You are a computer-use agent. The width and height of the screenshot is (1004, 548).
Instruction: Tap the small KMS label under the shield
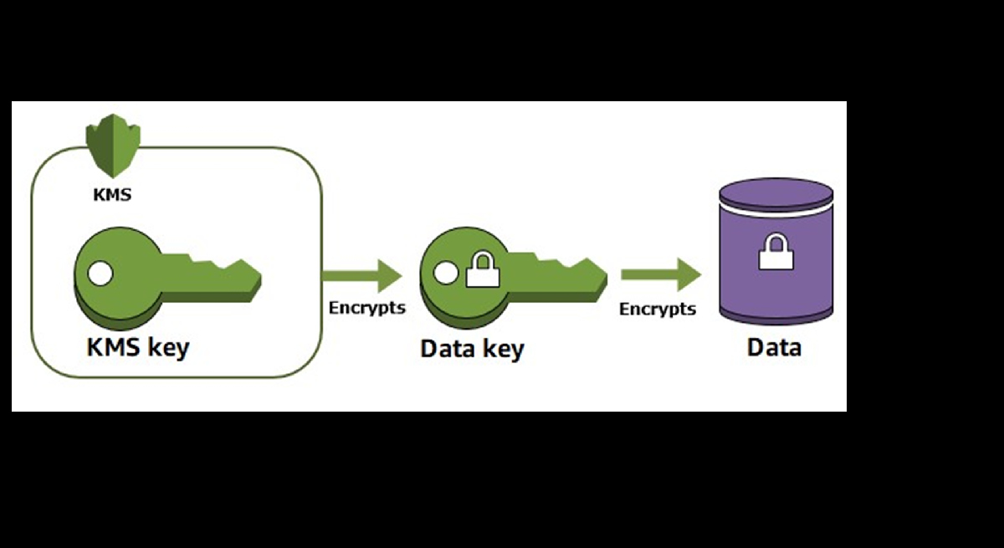click(x=111, y=196)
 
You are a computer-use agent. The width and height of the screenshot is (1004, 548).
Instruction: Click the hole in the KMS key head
click(x=100, y=272)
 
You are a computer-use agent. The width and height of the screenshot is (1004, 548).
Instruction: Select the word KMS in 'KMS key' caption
click(x=115, y=346)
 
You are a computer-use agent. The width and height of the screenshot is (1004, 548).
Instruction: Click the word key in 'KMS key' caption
click(x=168, y=347)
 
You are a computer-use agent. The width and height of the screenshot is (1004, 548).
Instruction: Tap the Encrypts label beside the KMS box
click(x=366, y=307)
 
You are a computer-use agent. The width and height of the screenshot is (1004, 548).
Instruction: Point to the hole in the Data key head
click(x=445, y=272)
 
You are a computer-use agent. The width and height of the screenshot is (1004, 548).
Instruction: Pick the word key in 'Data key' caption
click(x=503, y=348)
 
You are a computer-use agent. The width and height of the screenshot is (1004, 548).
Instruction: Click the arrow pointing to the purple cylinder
click(x=660, y=274)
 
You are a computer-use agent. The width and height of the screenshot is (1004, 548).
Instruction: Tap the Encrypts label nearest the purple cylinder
click(x=657, y=309)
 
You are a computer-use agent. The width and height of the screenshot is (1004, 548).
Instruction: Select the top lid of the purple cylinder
click(x=776, y=192)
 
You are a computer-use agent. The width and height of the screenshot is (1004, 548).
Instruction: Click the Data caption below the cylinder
click(x=774, y=346)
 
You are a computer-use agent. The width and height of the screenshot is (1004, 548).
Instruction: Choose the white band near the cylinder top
click(x=776, y=213)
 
